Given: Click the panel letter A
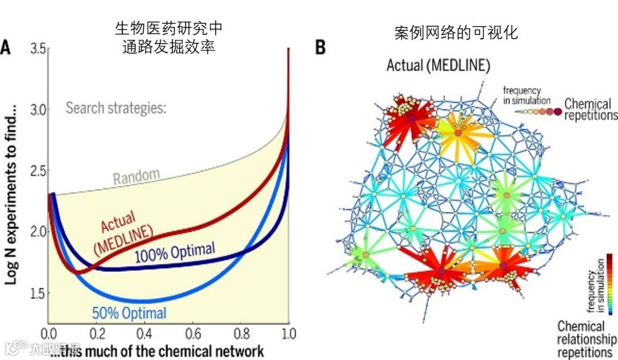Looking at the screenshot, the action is coord(6,47).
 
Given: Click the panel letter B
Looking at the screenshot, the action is coord(320,47).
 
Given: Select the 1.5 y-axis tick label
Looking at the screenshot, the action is coord(38,293).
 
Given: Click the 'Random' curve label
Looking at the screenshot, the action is coord(136,177).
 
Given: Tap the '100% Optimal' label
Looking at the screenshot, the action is coord(175,252).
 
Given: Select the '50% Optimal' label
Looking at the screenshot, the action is coord(129,313).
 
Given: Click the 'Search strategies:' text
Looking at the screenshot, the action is coord(116,108).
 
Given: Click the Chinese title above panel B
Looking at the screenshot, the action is coord(456,32).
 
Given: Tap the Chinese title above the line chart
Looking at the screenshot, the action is coord(169,38).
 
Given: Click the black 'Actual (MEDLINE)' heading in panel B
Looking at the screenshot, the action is coord(438,65).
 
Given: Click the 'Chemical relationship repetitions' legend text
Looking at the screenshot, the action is coord(585,339).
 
